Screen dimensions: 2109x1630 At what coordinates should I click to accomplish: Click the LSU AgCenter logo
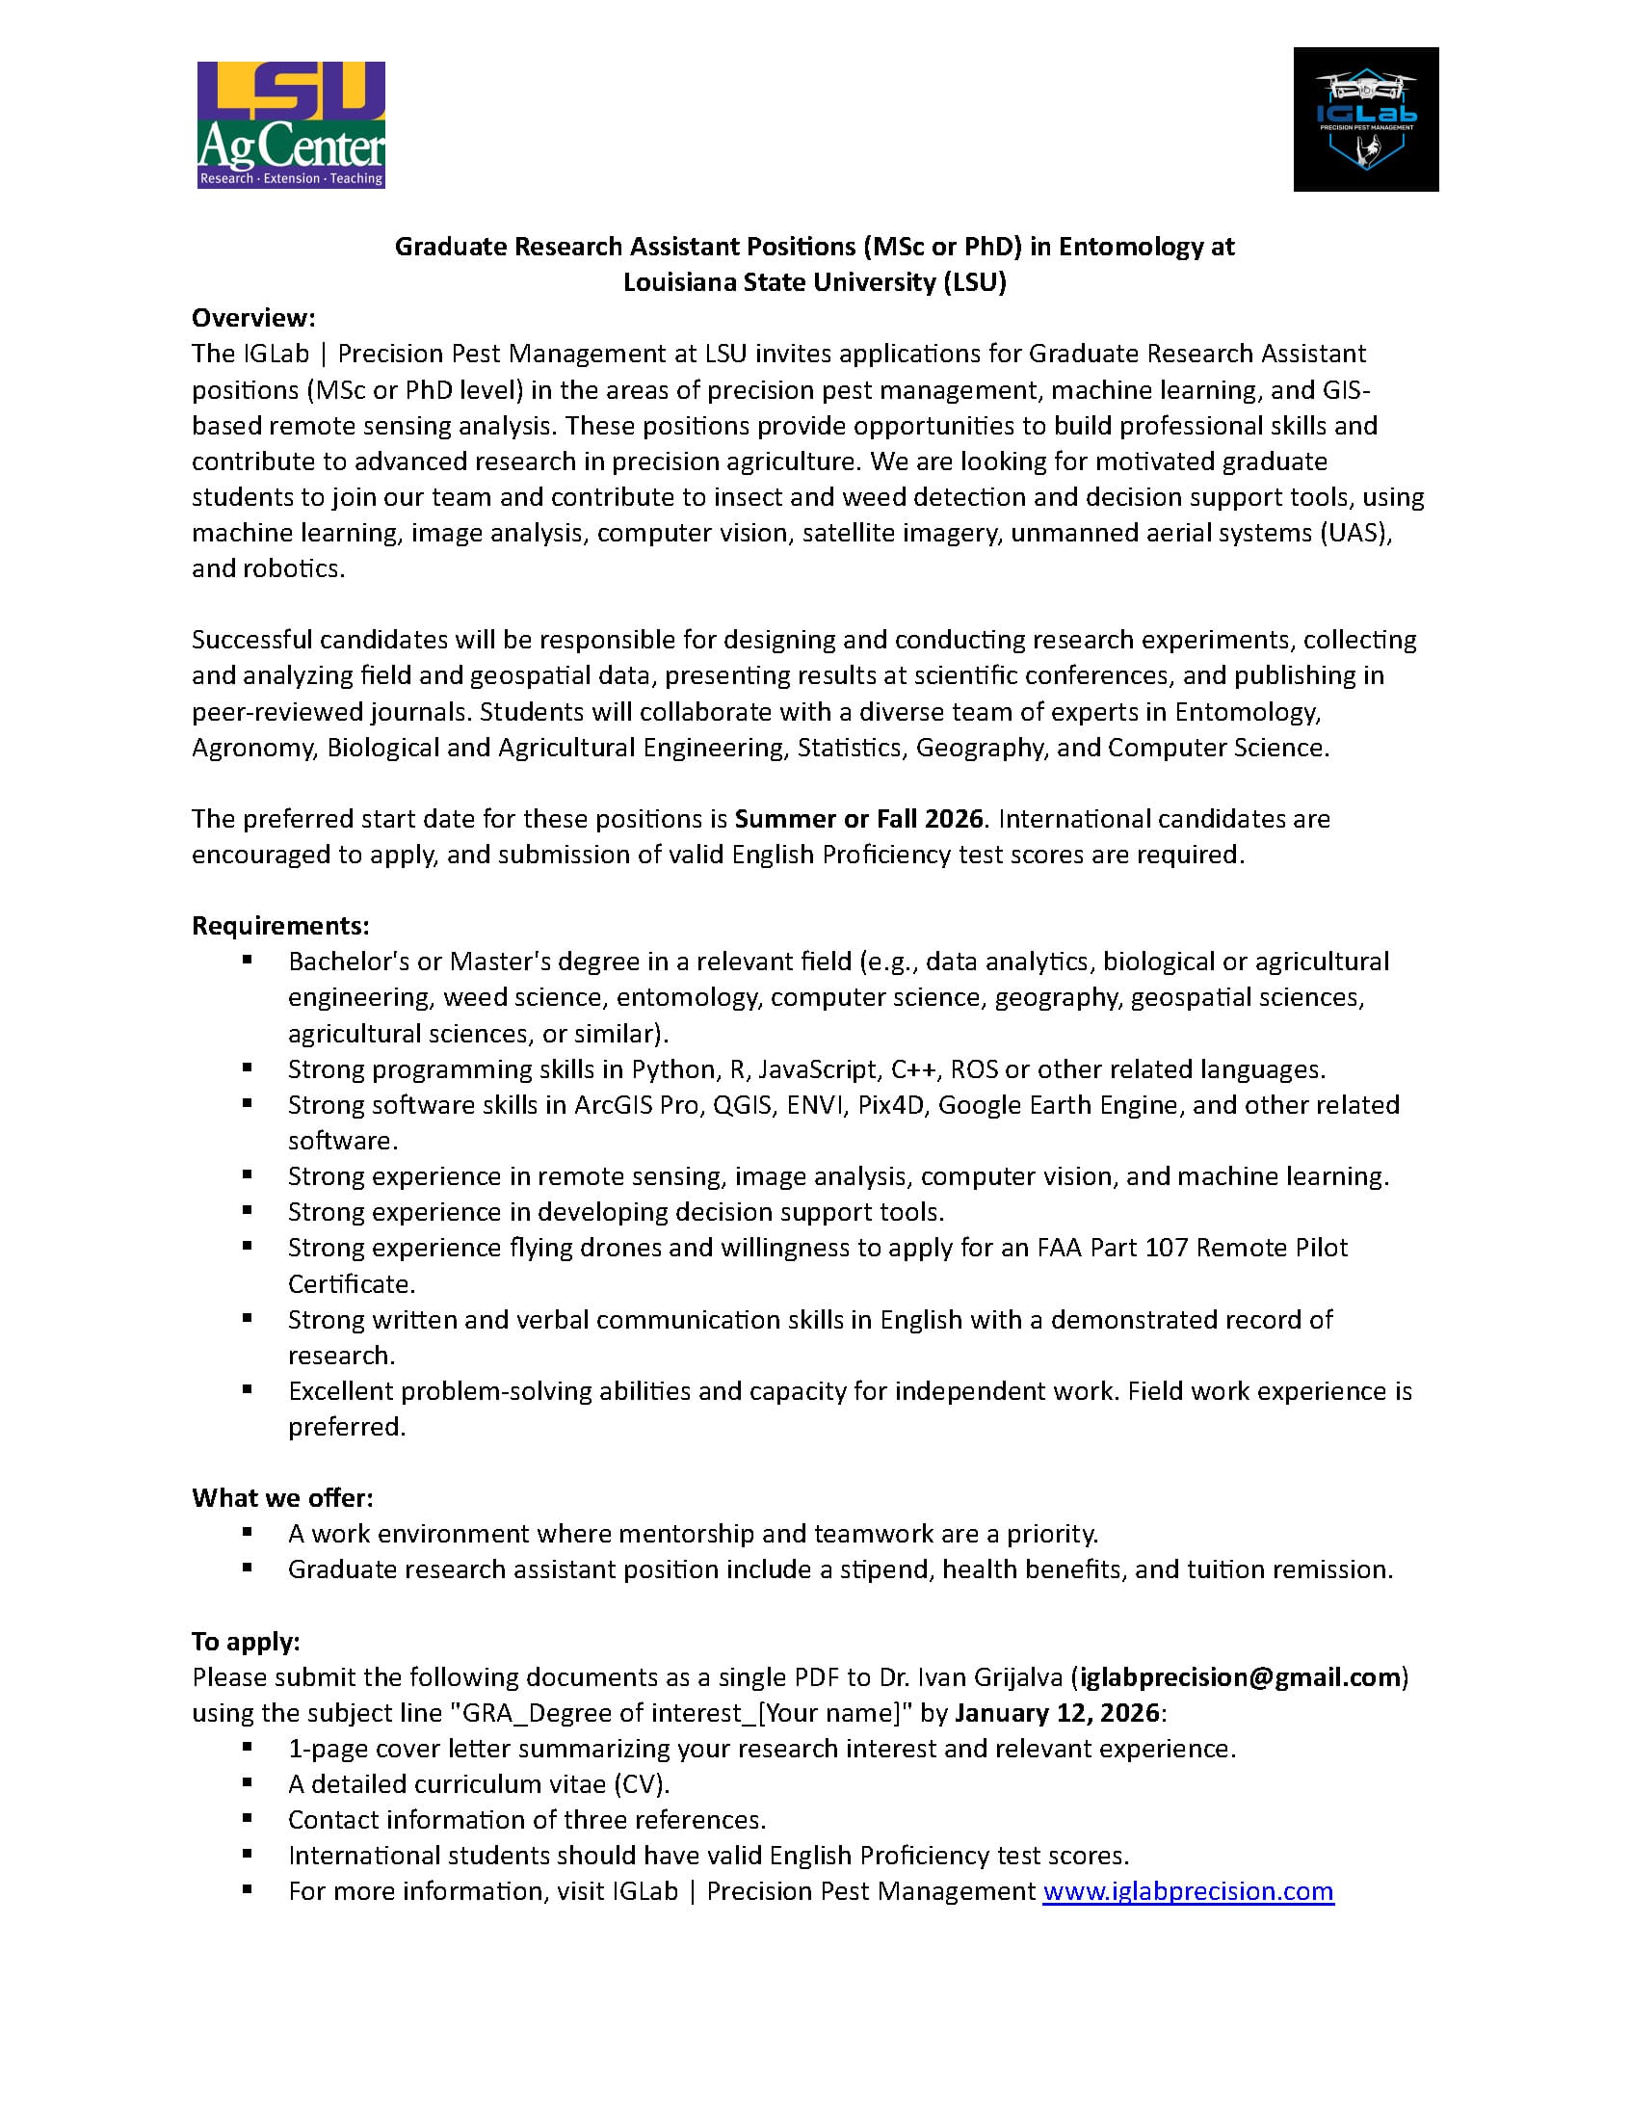coord(291,124)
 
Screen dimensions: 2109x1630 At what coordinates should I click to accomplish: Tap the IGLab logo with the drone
coord(1365,119)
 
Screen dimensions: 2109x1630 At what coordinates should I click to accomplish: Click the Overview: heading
coord(253,318)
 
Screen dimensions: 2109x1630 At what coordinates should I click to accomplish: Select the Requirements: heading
coord(280,925)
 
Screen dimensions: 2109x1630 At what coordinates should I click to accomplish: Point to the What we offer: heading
coord(282,1498)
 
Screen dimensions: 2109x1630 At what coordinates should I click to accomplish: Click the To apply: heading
coord(246,1641)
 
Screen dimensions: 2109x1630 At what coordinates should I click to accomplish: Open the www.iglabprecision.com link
coord(1188,1890)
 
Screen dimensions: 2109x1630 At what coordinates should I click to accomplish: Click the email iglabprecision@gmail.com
coord(1240,1676)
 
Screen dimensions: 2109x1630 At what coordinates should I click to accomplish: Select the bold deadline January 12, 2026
coord(1057,1712)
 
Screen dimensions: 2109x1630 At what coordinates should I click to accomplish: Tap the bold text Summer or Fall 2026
coord(858,818)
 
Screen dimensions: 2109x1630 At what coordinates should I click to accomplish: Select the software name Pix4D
coord(891,1105)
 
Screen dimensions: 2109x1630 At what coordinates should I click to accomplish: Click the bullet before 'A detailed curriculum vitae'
coord(248,1781)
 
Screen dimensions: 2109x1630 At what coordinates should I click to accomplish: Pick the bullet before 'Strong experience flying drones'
coord(248,1246)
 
